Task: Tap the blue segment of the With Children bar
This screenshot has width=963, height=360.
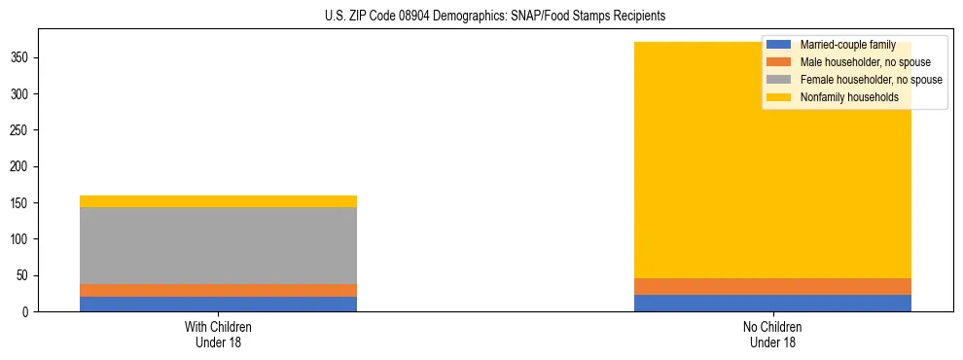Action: tap(218, 304)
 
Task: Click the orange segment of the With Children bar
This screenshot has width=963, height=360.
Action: tap(218, 290)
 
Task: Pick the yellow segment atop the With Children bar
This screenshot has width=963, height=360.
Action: tap(218, 201)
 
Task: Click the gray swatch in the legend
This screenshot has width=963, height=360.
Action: tap(779, 80)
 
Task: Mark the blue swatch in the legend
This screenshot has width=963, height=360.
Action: tap(779, 45)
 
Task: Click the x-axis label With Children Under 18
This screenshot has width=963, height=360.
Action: tap(218, 334)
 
